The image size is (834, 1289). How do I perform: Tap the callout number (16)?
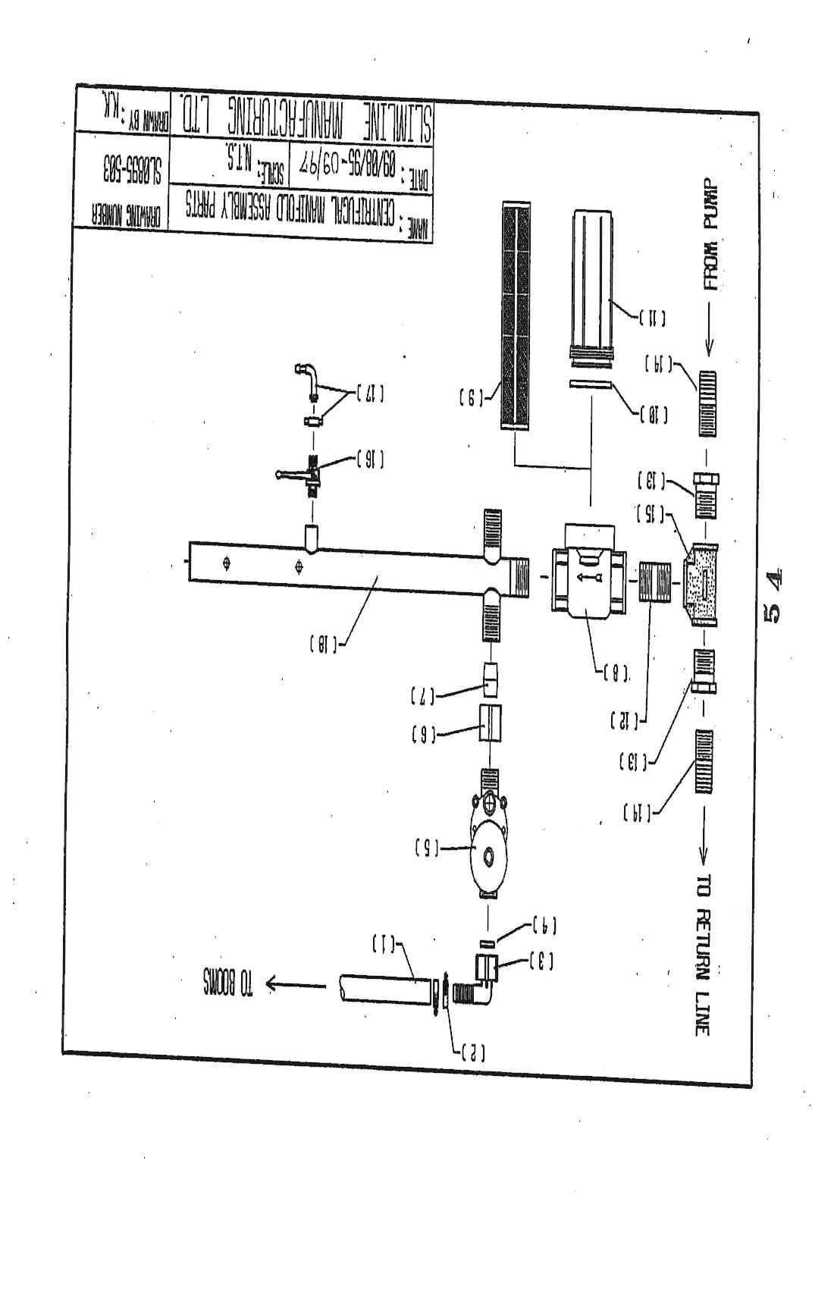click(369, 457)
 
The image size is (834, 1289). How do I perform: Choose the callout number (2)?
click(472, 1053)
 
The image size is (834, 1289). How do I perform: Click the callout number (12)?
click(622, 719)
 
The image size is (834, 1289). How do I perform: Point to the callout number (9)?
click(472, 394)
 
